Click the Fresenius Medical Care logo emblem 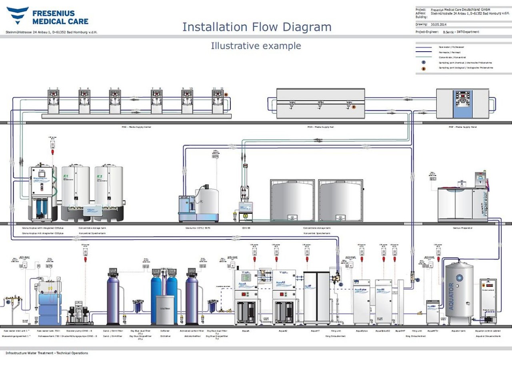pos(17,15)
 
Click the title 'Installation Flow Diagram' pos(257,27)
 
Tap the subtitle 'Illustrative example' pos(256,46)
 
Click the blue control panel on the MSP pos(462,103)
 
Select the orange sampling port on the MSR pos(354,107)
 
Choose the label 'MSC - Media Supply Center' pos(136,127)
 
